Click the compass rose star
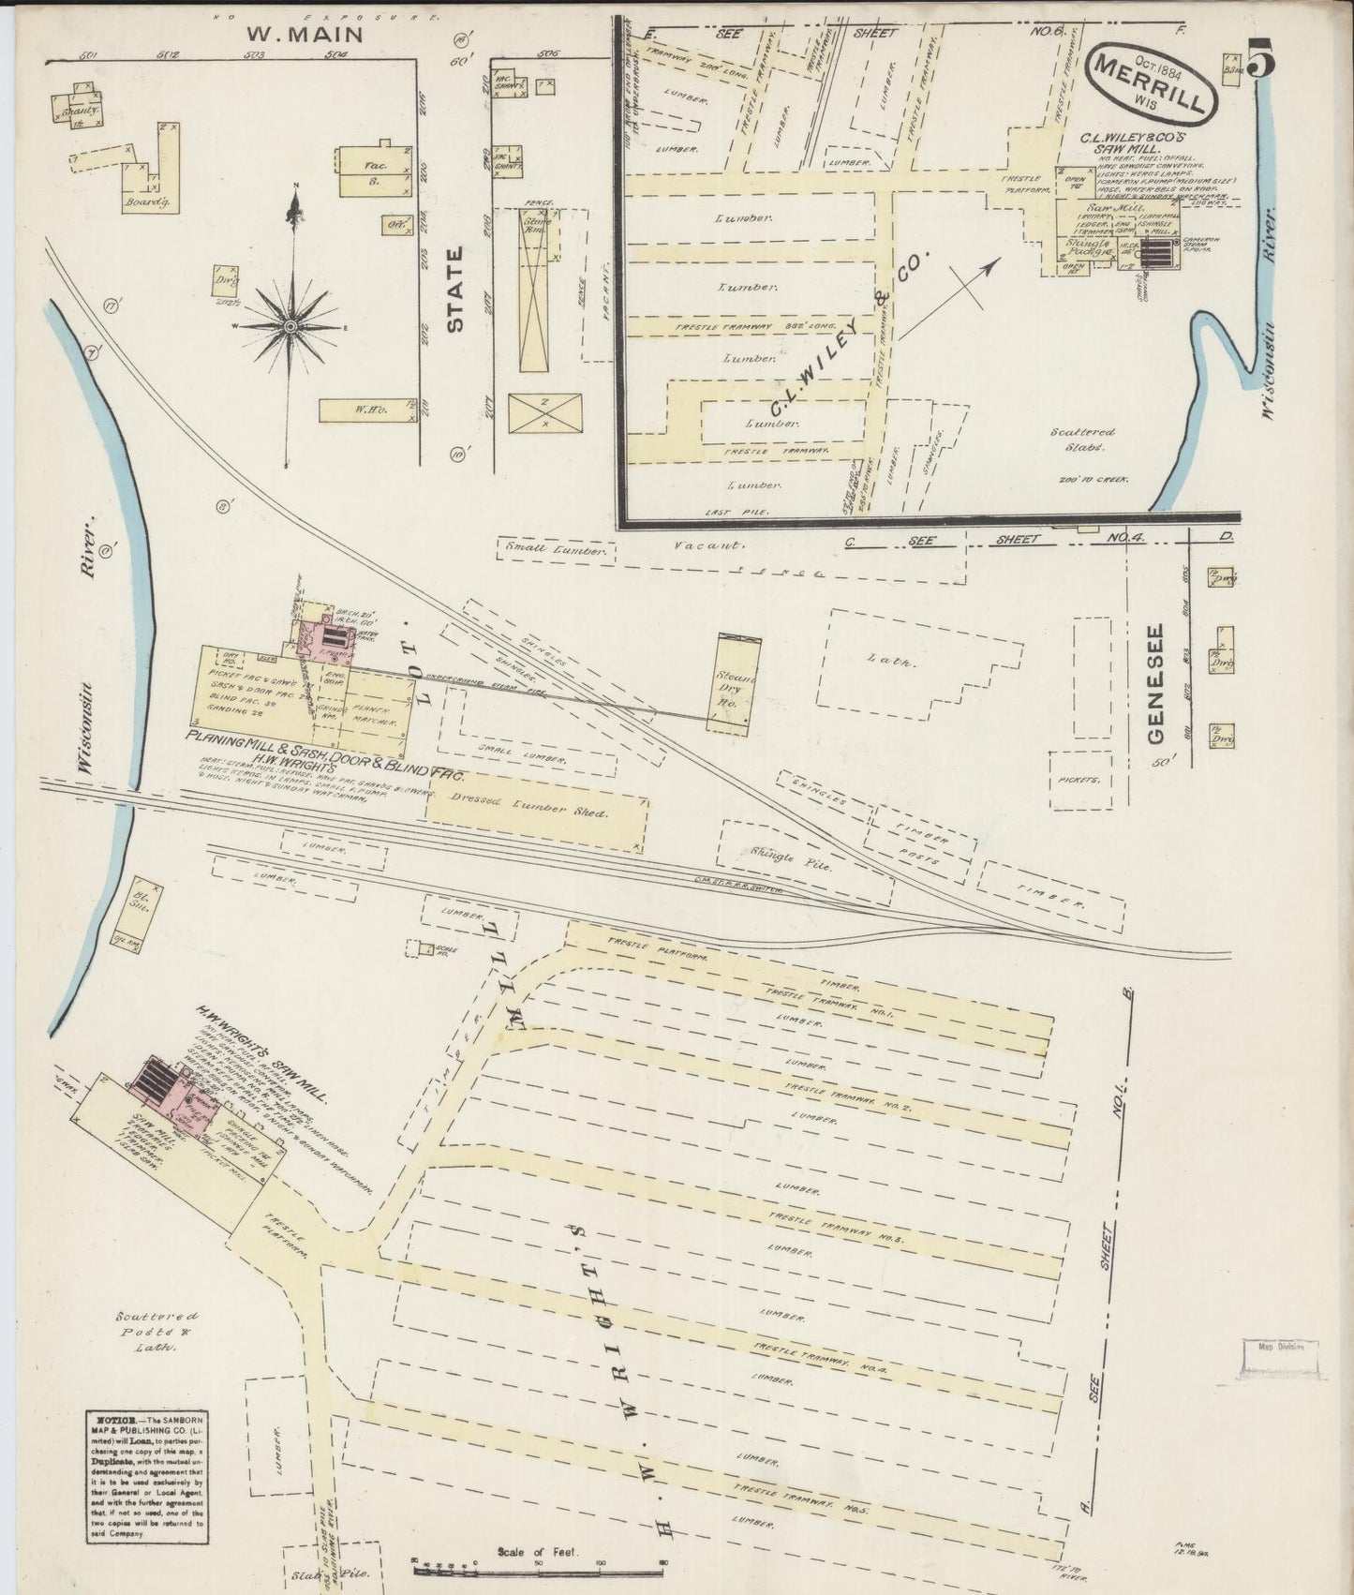[291, 324]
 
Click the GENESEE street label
[1154, 684]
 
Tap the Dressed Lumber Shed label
[529, 812]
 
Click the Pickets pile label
[1078, 780]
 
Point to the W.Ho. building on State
[365, 410]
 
